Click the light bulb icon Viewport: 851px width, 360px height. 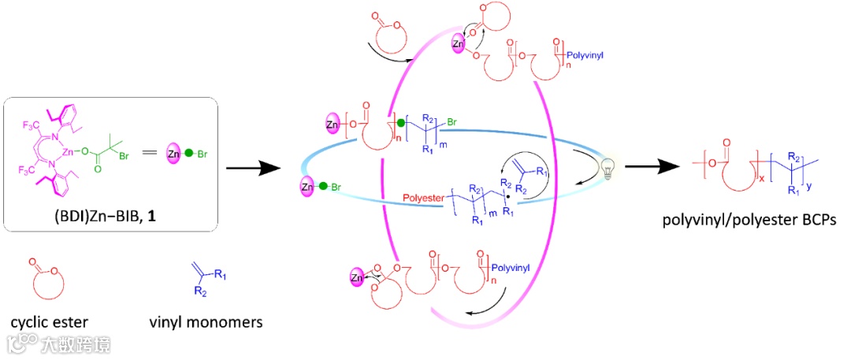pos(607,169)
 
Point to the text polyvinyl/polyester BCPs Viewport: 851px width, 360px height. pos(746,222)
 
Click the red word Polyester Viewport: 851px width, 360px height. pos(423,193)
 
